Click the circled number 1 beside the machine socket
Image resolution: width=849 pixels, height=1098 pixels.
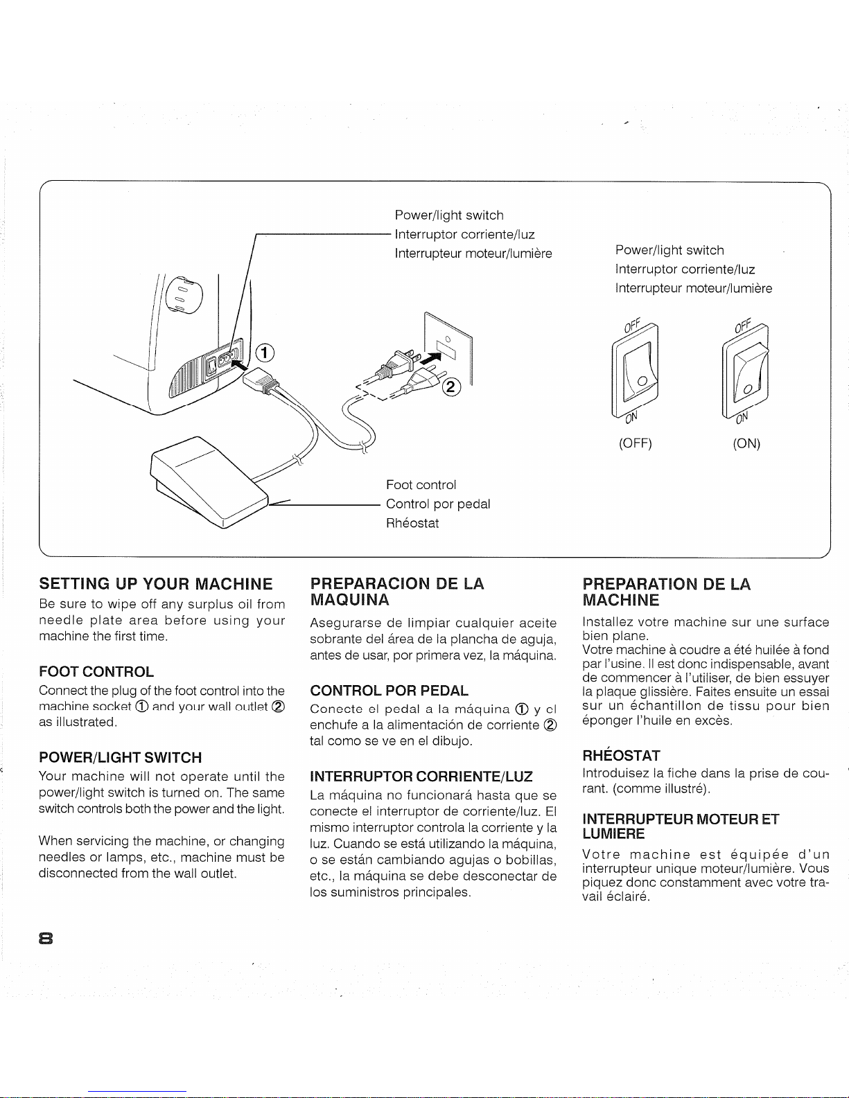click(x=263, y=352)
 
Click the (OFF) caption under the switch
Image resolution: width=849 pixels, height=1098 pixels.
click(x=636, y=443)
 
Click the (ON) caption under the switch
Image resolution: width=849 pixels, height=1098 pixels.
click(x=746, y=443)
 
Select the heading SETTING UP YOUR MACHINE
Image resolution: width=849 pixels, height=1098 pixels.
click(x=156, y=583)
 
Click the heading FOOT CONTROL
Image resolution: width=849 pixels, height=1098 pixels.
click(x=96, y=671)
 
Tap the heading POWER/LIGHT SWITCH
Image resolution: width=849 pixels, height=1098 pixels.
click(x=121, y=757)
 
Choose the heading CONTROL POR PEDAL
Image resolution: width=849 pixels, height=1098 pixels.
click(x=389, y=691)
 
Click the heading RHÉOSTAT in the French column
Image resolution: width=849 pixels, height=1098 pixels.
click(x=621, y=754)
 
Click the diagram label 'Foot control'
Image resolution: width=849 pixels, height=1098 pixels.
click(x=421, y=485)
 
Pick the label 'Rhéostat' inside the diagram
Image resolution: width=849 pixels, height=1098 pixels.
click(x=412, y=523)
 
